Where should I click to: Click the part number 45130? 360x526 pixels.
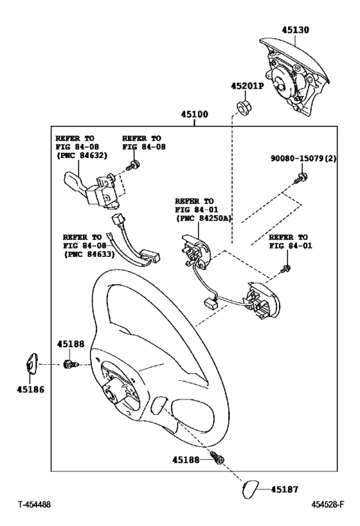(296, 29)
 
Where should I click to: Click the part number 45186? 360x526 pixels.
(30, 389)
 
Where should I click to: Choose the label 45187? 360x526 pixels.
(285, 489)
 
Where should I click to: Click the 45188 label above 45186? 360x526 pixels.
(70, 344)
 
